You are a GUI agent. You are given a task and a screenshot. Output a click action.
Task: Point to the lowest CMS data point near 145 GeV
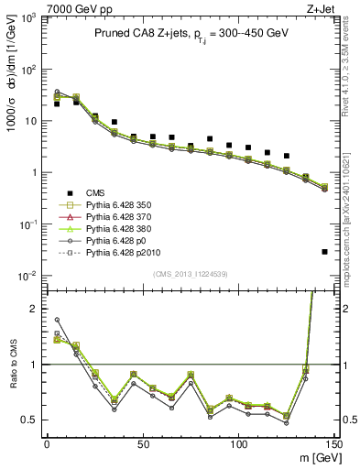click(325, 252)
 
